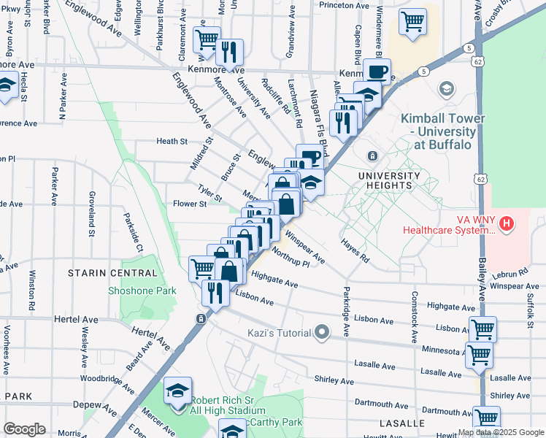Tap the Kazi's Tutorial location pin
pos(322,332)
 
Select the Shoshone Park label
pos(143,290)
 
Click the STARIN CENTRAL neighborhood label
pos(112,273)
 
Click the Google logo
pos(24,429)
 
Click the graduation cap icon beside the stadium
pos(177,391)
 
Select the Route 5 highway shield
pos(423,71)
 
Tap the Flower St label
pos(188,204)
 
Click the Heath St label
pos(172,141)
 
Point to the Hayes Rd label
pos(355,250)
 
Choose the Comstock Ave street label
pos(414,317)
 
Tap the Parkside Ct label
pos(132,232)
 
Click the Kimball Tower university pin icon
pos(445,90)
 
